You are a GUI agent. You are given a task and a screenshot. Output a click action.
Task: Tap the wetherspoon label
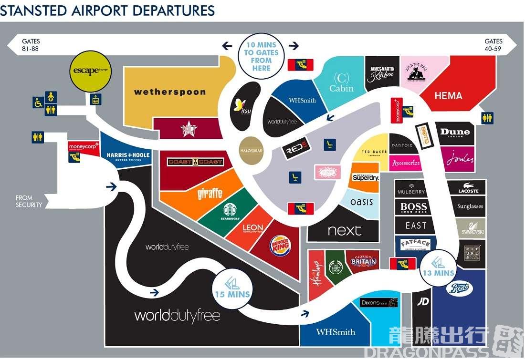point(169,92)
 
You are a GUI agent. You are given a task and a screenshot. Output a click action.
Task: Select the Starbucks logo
point(230,211)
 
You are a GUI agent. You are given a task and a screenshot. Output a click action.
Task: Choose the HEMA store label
point(448,96)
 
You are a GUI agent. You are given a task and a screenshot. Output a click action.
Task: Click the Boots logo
point(459,288)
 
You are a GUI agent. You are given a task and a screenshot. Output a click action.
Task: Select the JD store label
point(423,302)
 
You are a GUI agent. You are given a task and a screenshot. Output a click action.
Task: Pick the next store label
point(345,231)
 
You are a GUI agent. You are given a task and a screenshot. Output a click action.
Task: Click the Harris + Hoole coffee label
point(128,157)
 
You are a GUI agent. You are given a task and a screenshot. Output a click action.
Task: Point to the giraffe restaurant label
point(210,194)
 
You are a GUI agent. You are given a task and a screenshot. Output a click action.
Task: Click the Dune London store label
point(455,133)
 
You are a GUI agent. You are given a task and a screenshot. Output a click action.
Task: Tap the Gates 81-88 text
point(31,45)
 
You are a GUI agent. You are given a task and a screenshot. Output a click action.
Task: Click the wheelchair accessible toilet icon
point(38,103)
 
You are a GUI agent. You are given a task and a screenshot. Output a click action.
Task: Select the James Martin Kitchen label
point(382,72)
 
